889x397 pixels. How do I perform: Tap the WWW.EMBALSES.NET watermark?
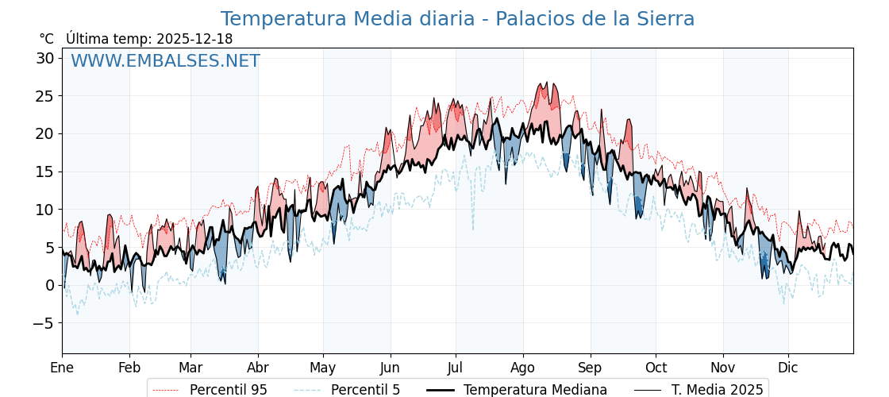click(165, 61)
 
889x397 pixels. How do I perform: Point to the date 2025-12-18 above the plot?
click(194, 39)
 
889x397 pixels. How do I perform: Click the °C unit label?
click(46, 39)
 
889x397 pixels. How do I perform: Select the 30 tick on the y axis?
click(44, 58)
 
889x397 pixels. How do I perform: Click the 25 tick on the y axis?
click(44, 96)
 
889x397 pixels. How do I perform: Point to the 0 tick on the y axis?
click(49, 285)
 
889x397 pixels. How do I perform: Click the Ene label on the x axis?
click(62, 368)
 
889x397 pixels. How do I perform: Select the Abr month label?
click(258, 368)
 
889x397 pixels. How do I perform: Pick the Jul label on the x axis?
click(456, 368)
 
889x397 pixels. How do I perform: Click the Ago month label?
click(523, 368)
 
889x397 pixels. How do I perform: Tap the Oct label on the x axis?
click(656, 368)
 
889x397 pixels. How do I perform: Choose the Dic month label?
click(788, 368)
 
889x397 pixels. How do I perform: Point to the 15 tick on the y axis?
click(44, 172)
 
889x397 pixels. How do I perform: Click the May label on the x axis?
click(323, 368)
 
